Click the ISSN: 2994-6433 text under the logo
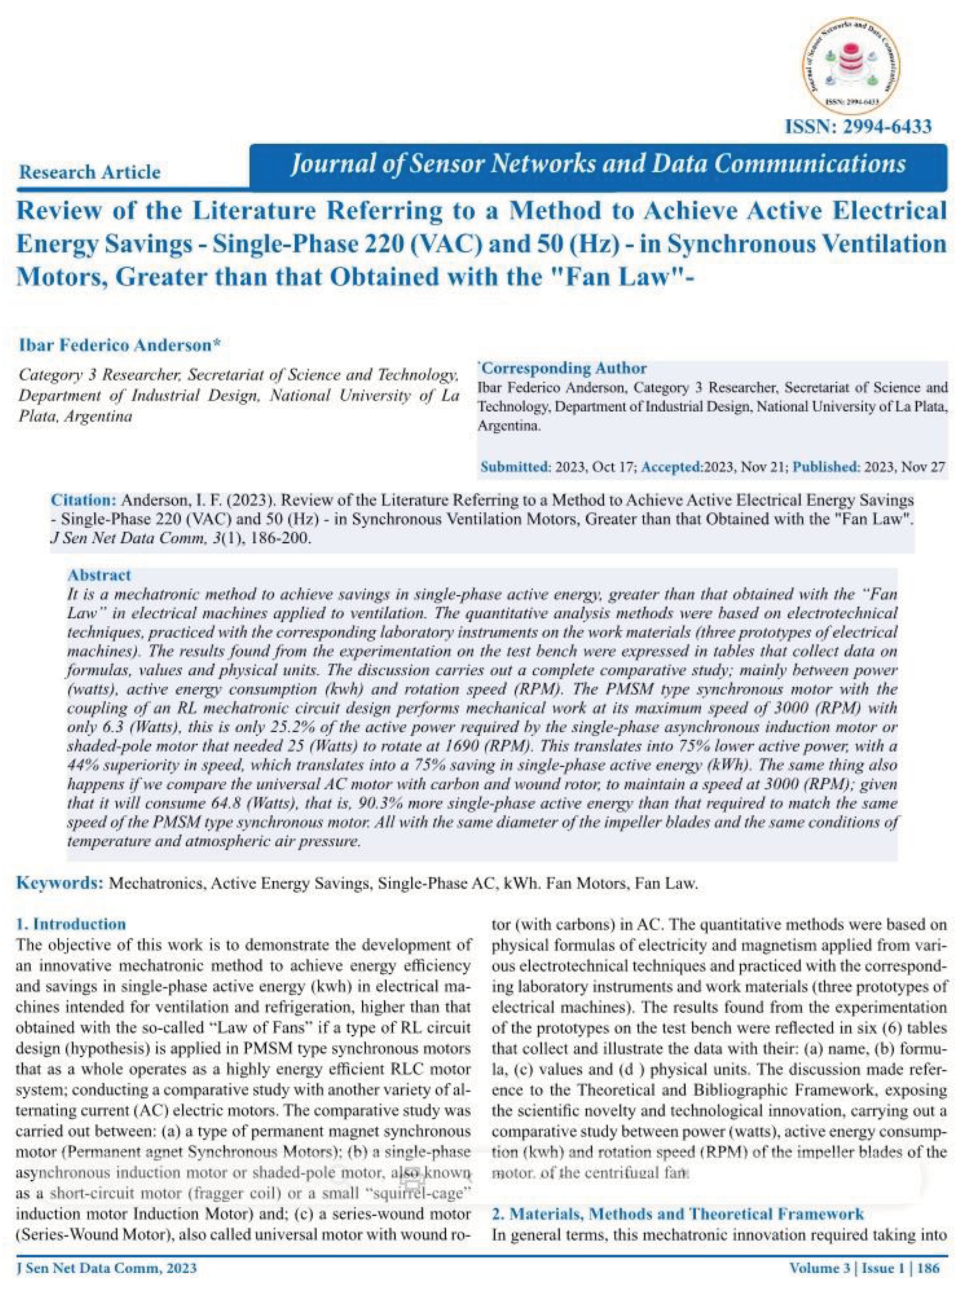click(858, 126)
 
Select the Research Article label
click(90, 172)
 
